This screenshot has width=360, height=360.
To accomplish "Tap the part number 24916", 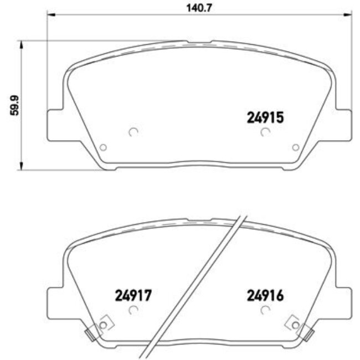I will point(265,296).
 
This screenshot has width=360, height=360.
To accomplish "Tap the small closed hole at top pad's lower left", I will point(102,147).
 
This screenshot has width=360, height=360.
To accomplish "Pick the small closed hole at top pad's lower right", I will point(295,147).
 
